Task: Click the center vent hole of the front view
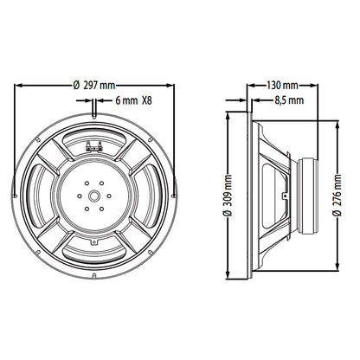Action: pyautogui.click(x=94, y=196)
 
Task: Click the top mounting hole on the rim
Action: pyautogui.click(x=94, y=115)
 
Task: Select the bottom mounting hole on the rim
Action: pyautogui.click(x=94, y=276)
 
